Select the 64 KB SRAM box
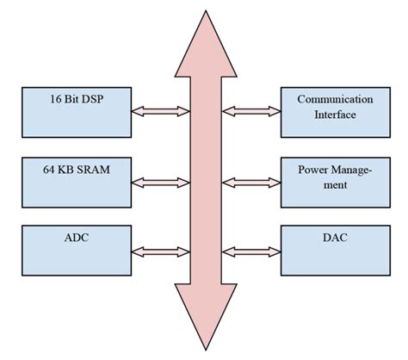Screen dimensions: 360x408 click(x=74, y=180)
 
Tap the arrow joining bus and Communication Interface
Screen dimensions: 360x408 click(x=250, y=110)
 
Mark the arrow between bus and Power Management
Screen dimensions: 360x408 click(x=250, y=182)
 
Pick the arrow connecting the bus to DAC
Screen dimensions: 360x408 click(x=250, y=251)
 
